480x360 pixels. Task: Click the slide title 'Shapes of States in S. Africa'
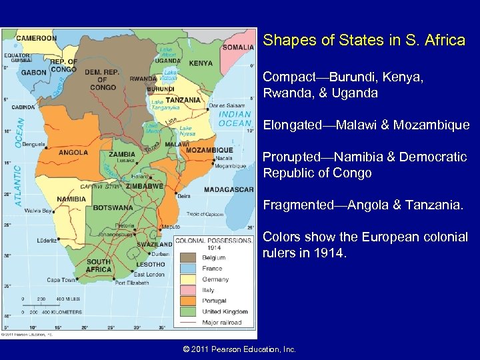point(364,41)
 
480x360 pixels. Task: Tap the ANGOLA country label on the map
point(73,153)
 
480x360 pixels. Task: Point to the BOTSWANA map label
point(113,208)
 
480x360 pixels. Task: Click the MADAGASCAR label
point(228,189)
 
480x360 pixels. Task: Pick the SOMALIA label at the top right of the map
point(238,47)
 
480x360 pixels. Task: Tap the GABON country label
point(33,72)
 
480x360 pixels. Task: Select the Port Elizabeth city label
point(132,283)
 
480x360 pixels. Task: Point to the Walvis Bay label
point(39,211)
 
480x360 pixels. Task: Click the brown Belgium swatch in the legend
point(187,258)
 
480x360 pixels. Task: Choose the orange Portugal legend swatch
point(187,301)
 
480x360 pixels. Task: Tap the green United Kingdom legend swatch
point(187,311)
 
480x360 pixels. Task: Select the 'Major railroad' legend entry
point(220,322)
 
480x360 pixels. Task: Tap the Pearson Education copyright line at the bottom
point(239,349)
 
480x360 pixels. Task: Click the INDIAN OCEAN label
point(235,118)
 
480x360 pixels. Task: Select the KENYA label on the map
point(201,63)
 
